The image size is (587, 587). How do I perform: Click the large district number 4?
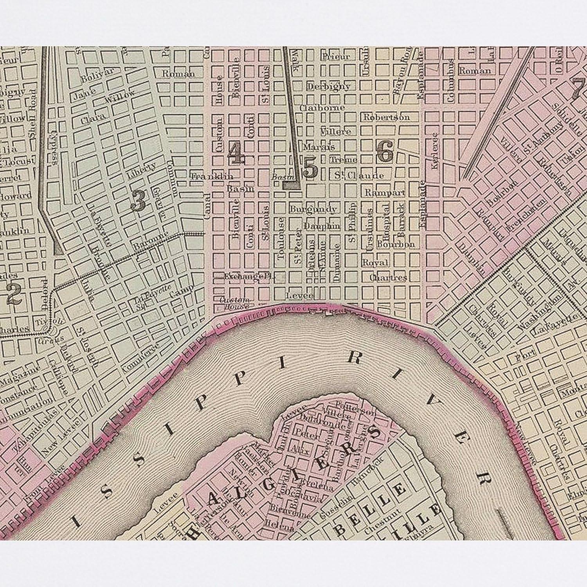(x=237, y=153)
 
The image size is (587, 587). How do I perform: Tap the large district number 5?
(x=310, y=168)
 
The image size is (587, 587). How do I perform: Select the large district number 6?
(x=385, y=151)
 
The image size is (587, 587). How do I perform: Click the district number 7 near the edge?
(x=578, y=88)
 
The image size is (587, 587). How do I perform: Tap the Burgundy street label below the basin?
(x=313, y=209)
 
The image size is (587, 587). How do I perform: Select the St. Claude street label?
(x=359, y=175)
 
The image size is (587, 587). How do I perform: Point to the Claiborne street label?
(x=322, y=107)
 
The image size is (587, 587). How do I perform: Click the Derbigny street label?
(x=328, y=86)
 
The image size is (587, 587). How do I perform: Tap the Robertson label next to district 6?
(x=386, y=117)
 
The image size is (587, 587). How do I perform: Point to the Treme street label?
(x=343, y=160)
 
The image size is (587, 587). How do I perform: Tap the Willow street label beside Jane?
(x=120, y=97)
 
